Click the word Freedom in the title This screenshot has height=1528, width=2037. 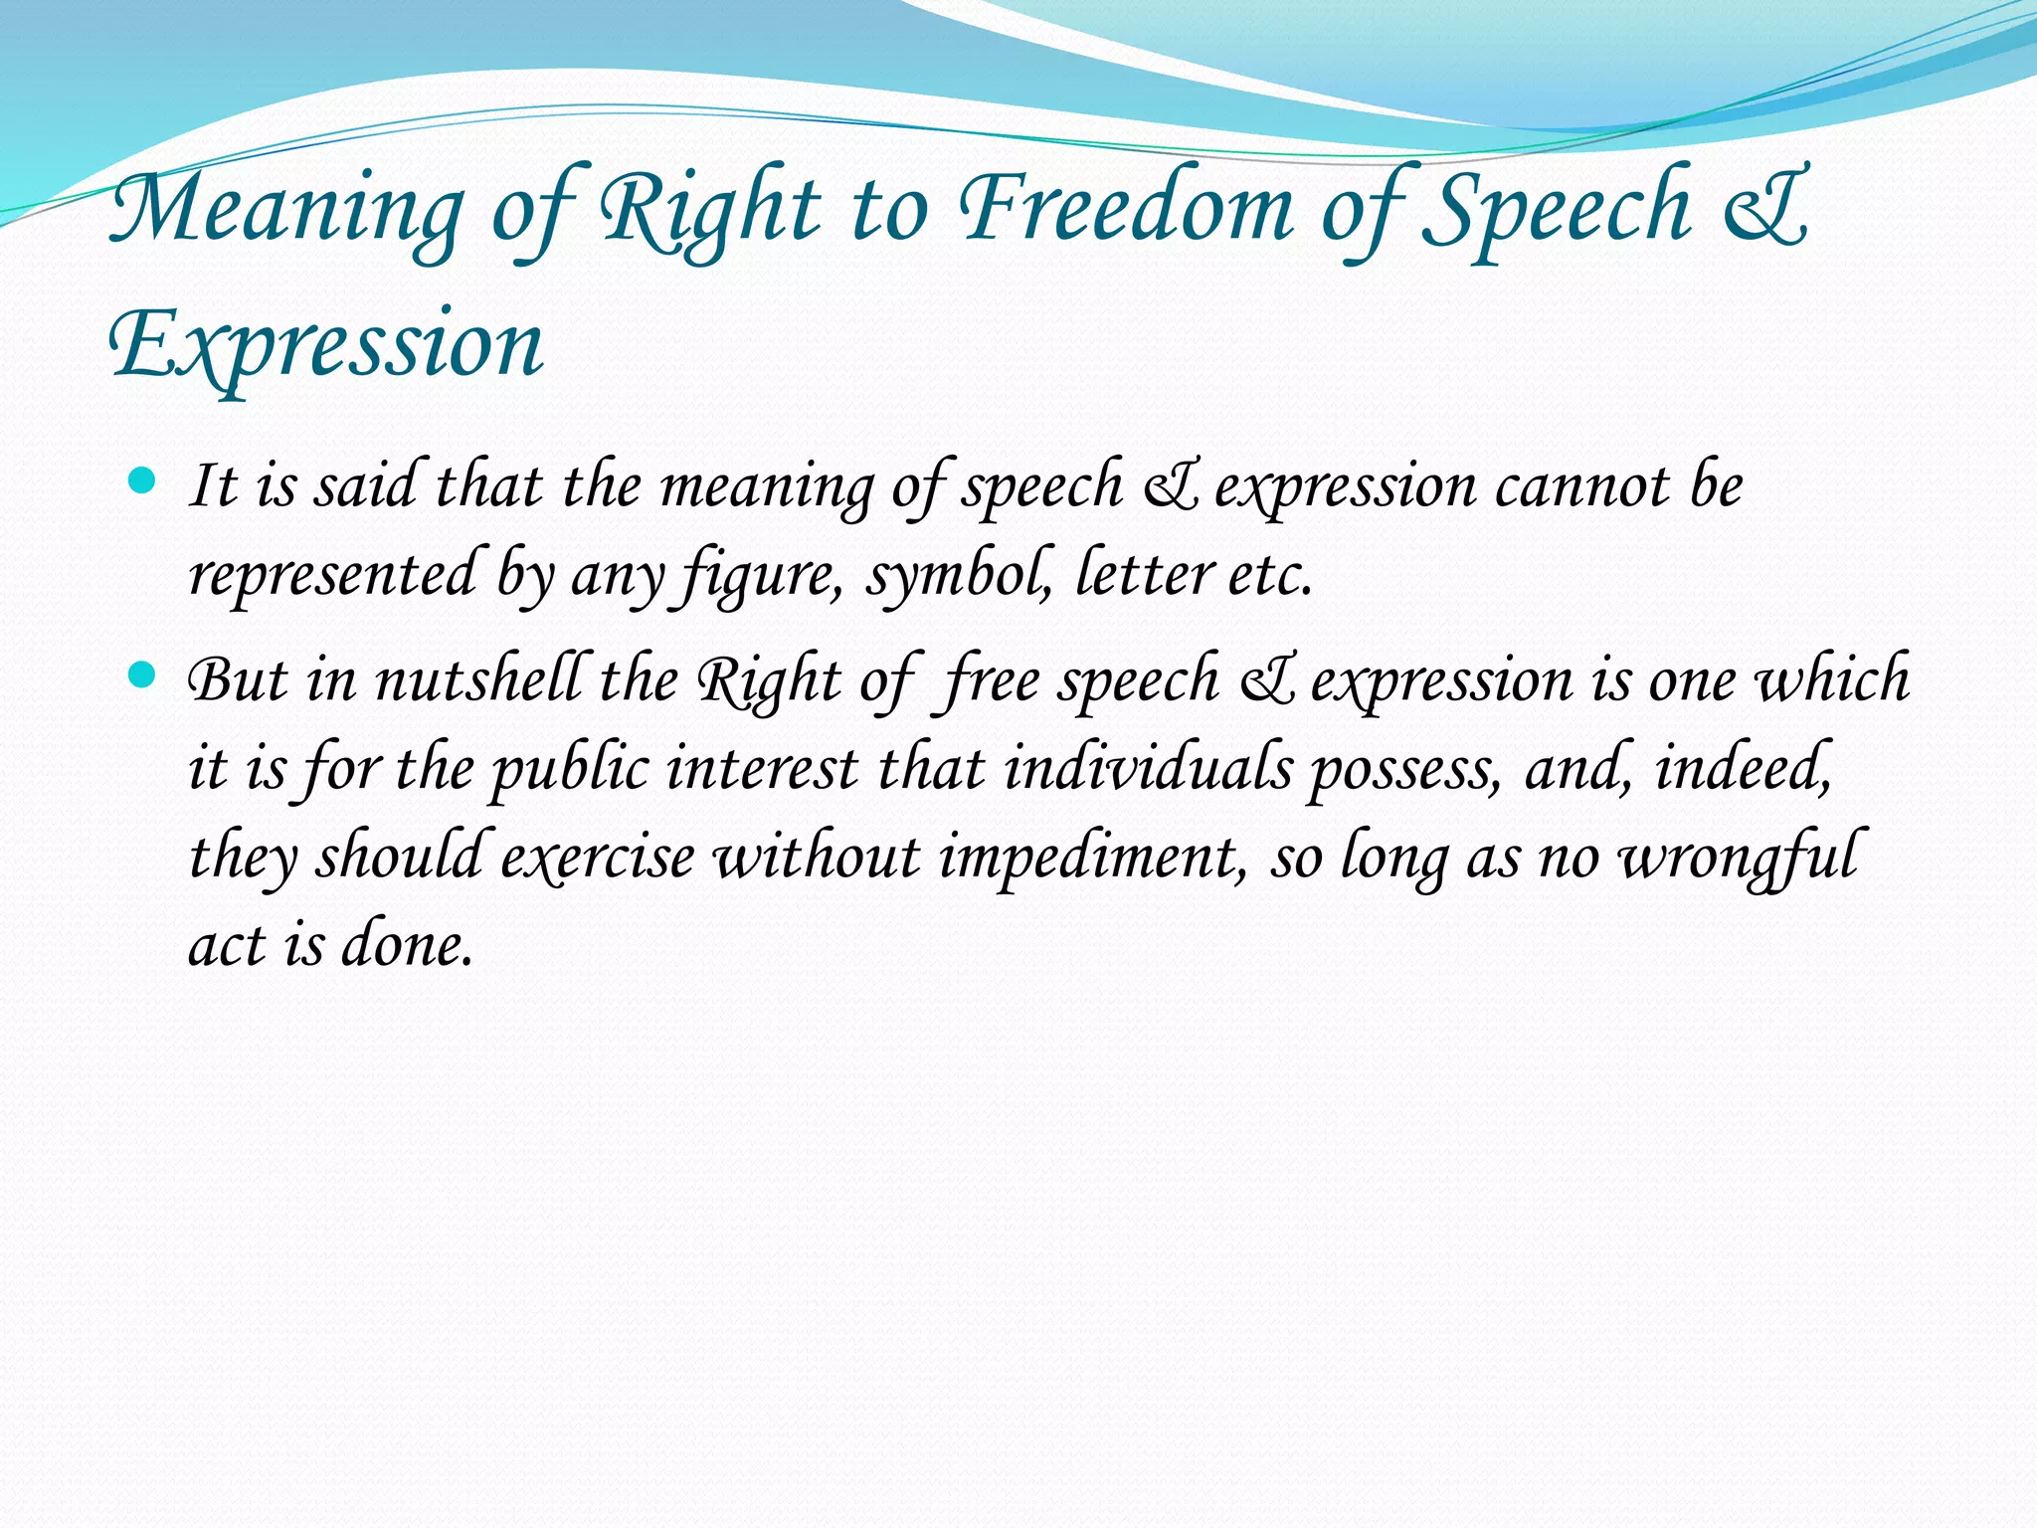[x=1125, y=210]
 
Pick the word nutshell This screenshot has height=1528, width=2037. [x=477, y=681]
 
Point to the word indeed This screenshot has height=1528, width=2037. [x=1742, y=769]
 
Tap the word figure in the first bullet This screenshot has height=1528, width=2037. [x=755, y=576]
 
